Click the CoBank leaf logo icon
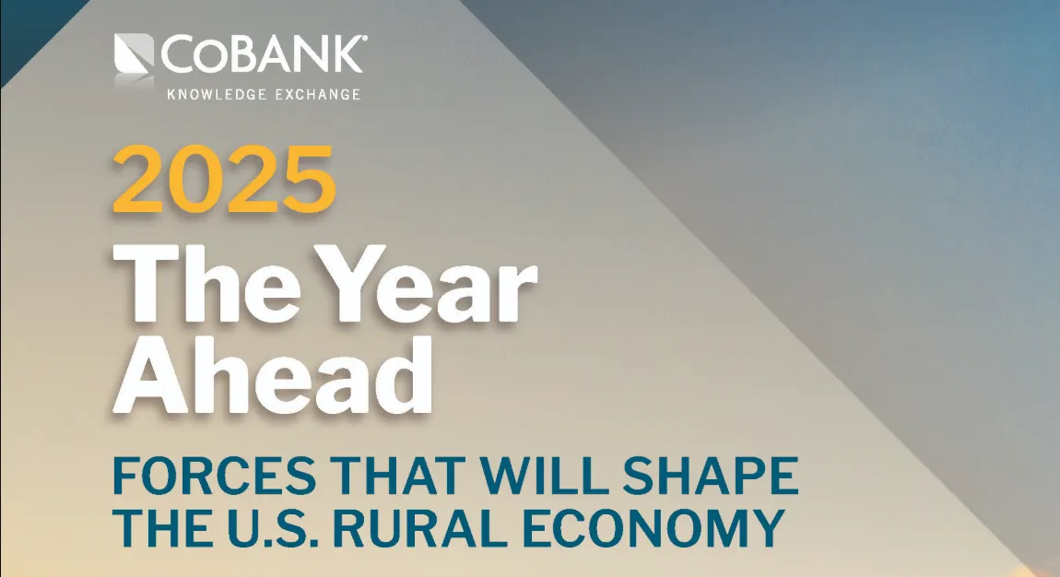click(x=135, y=56)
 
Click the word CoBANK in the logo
click(x=263, y=54)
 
